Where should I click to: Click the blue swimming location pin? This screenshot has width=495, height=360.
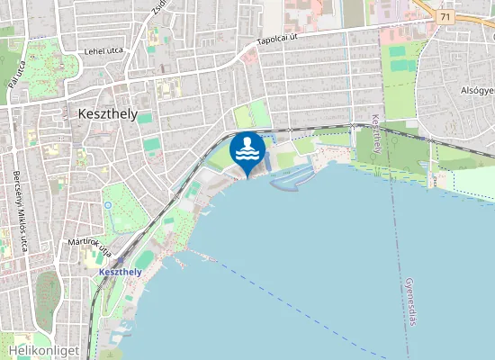click(x=247, y=152)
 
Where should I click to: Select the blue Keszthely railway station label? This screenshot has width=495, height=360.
click(x=120, y=272)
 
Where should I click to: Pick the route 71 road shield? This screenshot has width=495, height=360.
click(x=445, y=16)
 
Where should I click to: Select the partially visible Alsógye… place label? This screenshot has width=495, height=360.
click(x=477, y=91)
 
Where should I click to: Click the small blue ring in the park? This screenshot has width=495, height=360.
click(x=108, y=204)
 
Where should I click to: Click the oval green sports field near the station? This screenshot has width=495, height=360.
click(x=144, y=260)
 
